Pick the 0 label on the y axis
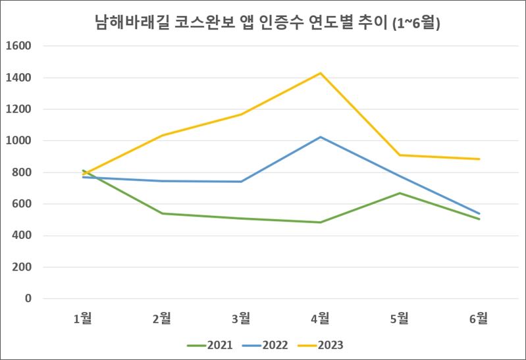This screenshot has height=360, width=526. [x=28, y=299]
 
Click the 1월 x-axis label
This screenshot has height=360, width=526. [x=82, y=319]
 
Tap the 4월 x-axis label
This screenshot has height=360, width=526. [x=321, y=319]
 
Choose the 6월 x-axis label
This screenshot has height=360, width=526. [x=479, y=319]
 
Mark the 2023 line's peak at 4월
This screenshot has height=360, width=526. [x=321, y=73]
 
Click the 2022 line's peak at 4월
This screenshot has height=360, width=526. [x=321, y=137]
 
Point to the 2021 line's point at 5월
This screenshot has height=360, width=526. [x=400, y=193]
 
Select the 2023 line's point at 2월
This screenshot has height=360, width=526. [x=162, y=135]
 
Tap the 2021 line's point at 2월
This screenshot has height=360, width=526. [x=162, y=213]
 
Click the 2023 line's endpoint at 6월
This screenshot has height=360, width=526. [x=479, y=159]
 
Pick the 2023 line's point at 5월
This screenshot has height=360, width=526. [x=400, y=155]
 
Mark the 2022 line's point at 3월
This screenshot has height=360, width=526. [x=241, y=182]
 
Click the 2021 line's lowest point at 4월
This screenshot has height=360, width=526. [x=321, y=222]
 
